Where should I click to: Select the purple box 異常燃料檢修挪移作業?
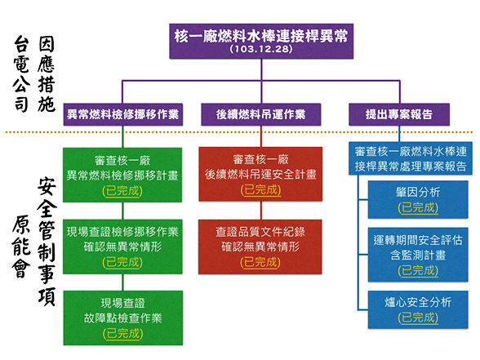123,113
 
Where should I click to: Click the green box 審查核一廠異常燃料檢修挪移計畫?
123,173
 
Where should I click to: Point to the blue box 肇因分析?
417,199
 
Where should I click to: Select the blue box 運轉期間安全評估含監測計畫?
417,253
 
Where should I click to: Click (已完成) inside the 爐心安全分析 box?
417,318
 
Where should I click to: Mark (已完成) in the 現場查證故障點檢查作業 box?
123,333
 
